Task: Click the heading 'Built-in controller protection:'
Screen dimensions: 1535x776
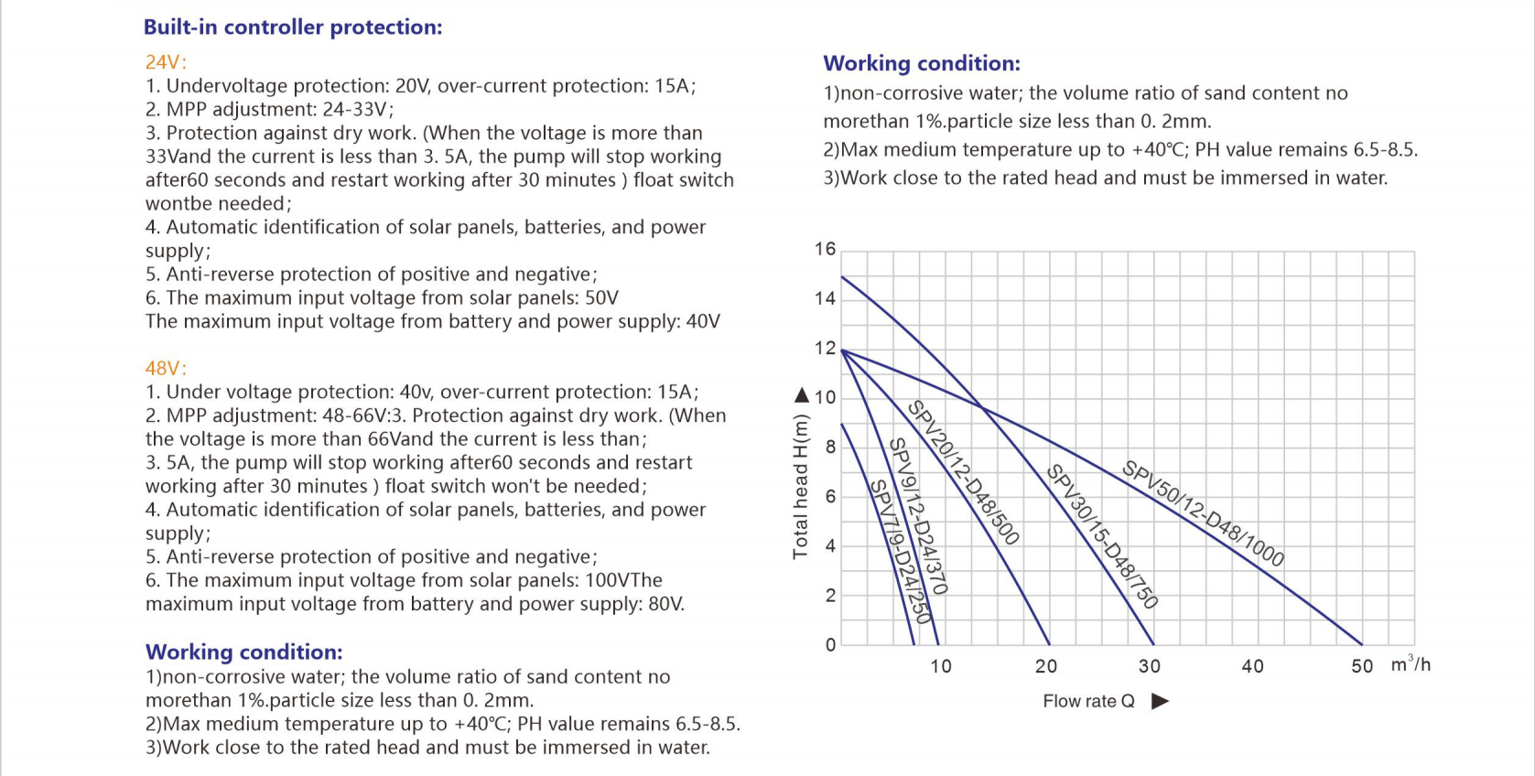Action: tap(293, 27)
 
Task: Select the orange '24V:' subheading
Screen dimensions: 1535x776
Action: tap(166, 62)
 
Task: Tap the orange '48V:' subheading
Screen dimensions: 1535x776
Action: tap(166, 369)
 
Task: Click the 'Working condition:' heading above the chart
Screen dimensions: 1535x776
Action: tap(922, 63)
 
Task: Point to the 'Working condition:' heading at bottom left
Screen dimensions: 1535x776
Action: tap(244, 652)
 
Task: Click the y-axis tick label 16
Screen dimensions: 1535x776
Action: tap(825, 249)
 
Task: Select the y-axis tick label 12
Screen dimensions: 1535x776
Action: tap(825, 348)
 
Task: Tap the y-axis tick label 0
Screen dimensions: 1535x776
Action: tap(830, 645)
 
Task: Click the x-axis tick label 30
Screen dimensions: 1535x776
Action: tap(1150, 665)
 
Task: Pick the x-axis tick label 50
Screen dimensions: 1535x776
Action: tap(1362, 665)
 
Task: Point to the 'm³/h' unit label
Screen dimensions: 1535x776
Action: tap(1411, 663)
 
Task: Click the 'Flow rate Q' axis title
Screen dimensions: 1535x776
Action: tap(1088, 701)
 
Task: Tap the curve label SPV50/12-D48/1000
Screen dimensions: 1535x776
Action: tap(1203, 514)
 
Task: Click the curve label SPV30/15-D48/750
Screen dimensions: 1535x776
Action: tap(1102, 536)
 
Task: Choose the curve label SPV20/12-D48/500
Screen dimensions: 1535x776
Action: tap(963, 472)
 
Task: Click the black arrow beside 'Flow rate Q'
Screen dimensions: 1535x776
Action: tap(1160, 701)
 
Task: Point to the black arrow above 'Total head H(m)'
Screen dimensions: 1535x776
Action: tap(801, 394)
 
